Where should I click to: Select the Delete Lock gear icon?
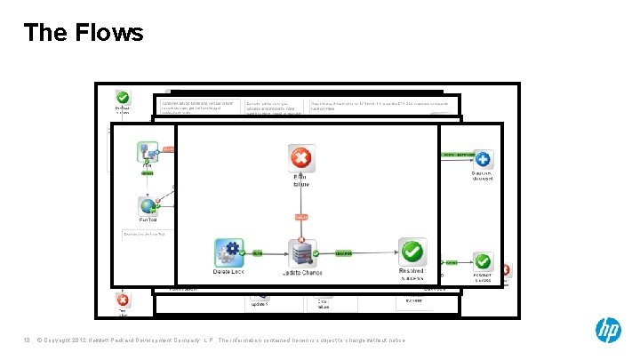[x=228, y=252]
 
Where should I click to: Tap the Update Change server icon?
[x=302, y=252]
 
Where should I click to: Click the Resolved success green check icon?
[x=412, y=252]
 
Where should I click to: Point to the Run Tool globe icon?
[x=148, y=206]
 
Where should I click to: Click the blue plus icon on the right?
[x=483, y=160]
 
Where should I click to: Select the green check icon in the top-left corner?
[x=123, y=98]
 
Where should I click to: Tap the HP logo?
[x=608, y=331]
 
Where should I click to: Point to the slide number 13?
[x=28, y=341]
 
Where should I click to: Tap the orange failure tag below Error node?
[x=302, y=217]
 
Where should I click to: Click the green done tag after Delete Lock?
[x=258, y=252]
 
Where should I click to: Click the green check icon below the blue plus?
[x=483, y=262]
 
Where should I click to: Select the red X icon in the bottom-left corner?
[x=123, y=300]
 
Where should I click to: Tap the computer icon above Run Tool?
[x=147, y=151]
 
